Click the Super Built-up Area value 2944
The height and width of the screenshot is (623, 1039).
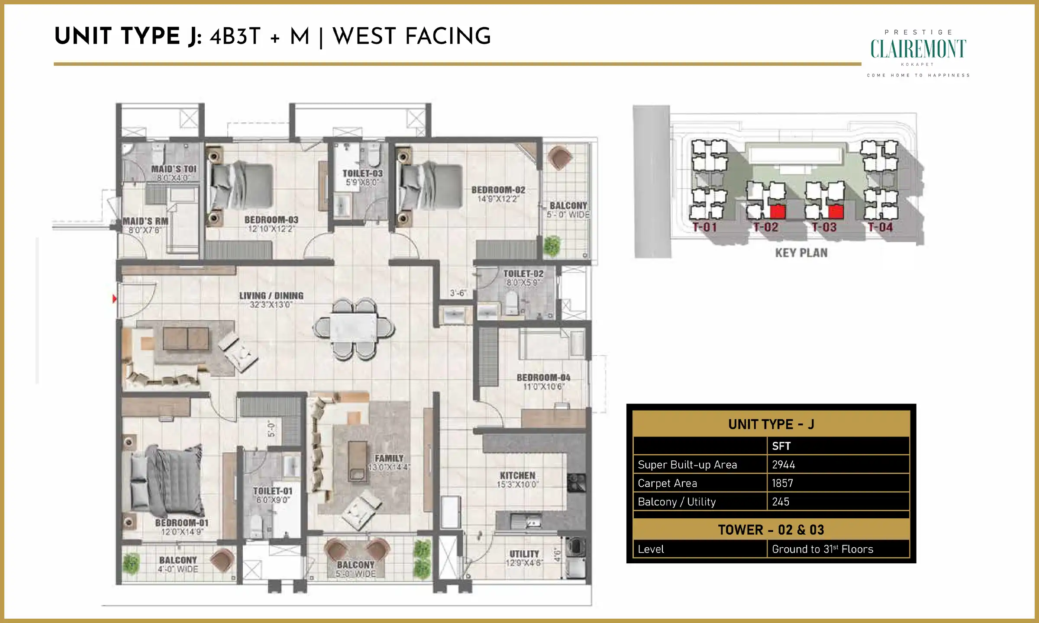point(784,465)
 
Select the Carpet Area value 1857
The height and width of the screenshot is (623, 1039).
point(782,483)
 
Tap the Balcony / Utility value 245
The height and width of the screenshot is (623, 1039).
point(781,502)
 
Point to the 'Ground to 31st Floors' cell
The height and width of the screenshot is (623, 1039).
point(823,549)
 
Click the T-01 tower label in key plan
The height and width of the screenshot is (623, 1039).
point(704,227)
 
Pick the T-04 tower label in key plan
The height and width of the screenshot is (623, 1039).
point(880,227)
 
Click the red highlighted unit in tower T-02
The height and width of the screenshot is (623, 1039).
point(778,211)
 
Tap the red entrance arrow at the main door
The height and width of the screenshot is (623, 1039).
point(114,299)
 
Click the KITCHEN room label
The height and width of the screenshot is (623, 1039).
point(518,475)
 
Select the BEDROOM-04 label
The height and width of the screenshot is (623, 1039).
point(543,378)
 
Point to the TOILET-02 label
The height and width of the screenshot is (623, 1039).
point(523,274)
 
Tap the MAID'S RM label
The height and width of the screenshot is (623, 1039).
point(145,221)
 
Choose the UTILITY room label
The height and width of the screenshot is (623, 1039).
point(524,554)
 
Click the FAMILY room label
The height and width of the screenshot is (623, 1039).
point(389,458)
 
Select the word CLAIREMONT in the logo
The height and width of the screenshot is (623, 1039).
point(918,49)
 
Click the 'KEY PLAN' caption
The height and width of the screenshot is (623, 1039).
point(801,253)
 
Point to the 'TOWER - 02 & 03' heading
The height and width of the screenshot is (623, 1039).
point(771,530)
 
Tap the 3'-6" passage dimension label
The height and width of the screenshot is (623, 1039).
point(458,293)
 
